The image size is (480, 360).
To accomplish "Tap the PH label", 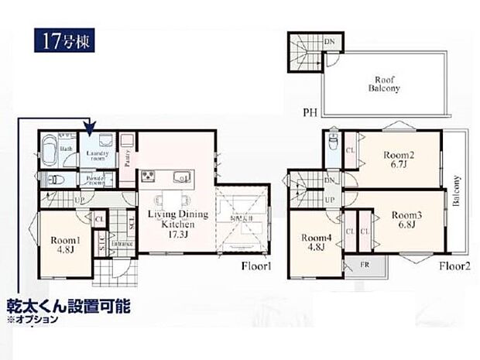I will [x=310, y=112].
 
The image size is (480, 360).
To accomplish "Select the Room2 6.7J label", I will [x=399, y=159].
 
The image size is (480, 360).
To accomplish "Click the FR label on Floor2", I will [x=365, y=265].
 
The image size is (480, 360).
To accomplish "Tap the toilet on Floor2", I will [x=331, y=143].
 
